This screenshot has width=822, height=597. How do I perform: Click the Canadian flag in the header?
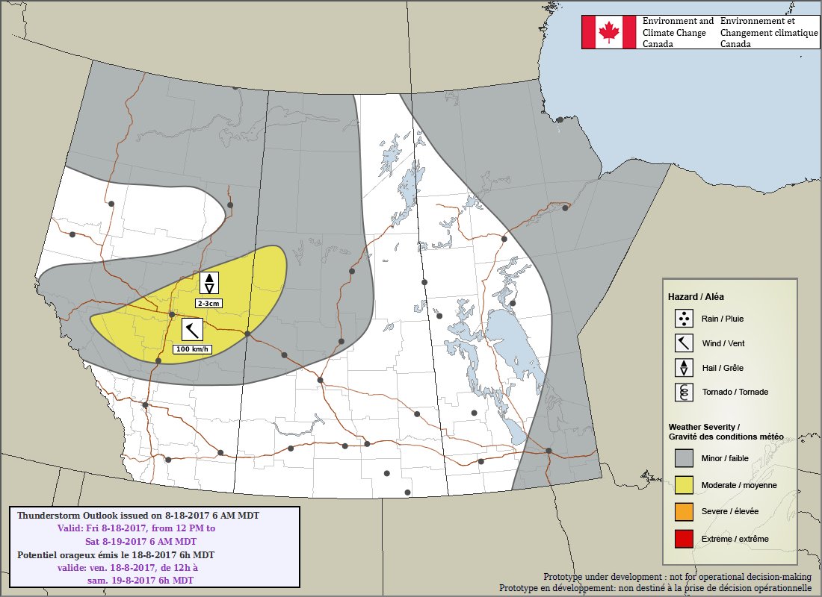click(x=610, y=32)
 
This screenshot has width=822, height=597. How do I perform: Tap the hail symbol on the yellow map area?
click(x=209, y=284)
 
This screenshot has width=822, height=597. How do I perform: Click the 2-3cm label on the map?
click(x=208, y=304)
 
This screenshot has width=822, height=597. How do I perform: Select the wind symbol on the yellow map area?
click(x=193, y=329)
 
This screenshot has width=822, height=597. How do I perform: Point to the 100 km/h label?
click(x=193, y=348)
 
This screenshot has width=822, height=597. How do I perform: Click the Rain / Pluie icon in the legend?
click(x=684, y=319)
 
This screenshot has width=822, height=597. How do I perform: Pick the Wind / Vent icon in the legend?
click(x=684, y=343)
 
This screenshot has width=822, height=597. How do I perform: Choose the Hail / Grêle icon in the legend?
click(x=684, y=367)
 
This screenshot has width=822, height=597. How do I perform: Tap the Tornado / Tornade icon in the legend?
click(x=684, y=392)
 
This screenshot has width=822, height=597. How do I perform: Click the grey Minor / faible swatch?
click(x=684, y=457)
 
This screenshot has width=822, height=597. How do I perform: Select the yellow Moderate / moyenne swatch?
click(x=684, y=485)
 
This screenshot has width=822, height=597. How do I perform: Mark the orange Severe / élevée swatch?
click(x=684, y=511)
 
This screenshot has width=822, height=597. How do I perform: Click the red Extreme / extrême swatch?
click(x=684, y=538)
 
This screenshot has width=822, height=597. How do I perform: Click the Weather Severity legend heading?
click(x=703, y=426)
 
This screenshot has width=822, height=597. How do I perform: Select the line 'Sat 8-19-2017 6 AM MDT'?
click(x=140, y=541)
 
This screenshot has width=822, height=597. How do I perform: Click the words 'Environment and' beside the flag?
click(x=678, y=22)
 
